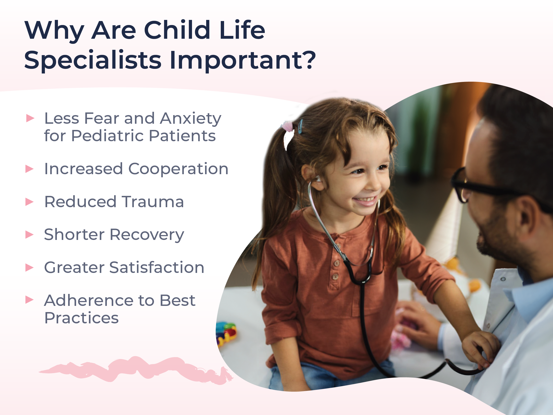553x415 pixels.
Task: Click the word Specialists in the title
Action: [93, 60]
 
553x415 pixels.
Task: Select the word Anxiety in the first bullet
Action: [190, 119]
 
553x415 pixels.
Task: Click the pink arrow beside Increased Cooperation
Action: [29, 169]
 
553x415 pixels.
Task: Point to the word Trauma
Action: [153, 202]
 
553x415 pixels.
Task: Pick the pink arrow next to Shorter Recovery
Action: [29, 235]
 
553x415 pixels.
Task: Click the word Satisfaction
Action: [157, 267]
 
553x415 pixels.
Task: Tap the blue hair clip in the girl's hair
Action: [300, 126]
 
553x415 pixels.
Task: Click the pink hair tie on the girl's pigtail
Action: [288, 126]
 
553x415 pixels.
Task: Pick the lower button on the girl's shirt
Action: [336, 277]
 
